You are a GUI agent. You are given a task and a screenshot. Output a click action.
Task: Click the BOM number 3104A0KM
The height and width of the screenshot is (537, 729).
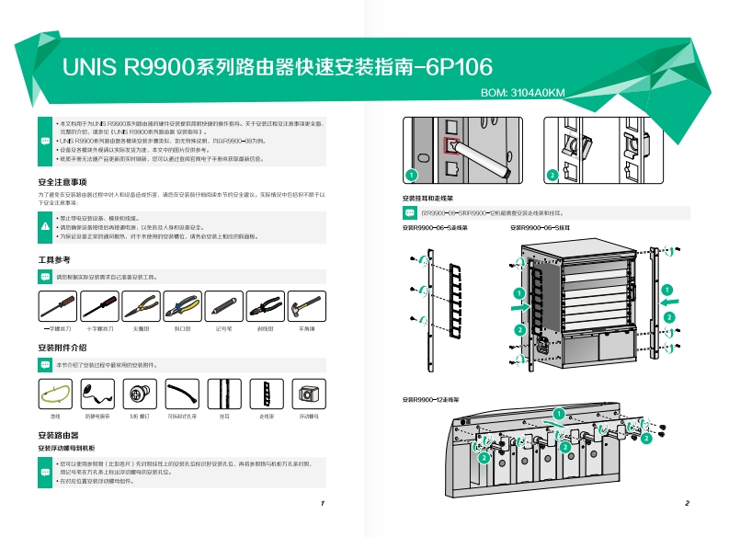[x=523, y=92]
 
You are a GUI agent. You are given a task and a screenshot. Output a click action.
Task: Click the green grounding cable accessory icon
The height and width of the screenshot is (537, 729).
[x=57, y=394]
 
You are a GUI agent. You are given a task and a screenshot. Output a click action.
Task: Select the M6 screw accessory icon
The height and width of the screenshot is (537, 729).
[x=141, y=394]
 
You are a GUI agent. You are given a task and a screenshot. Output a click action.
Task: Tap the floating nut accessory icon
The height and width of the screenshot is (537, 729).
[x=307, y=394]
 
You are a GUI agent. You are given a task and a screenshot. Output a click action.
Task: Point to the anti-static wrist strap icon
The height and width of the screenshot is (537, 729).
[x=98, y=394]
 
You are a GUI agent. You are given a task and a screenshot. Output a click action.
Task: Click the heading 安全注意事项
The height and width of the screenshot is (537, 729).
[x=63, y=181]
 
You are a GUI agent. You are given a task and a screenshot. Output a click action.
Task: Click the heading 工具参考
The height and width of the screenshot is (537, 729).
[x=54, y=260]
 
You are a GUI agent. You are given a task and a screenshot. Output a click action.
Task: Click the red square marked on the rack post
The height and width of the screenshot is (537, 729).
[x=450, y=144]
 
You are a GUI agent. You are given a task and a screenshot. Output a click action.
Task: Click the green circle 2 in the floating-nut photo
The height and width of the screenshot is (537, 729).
[x=552, y=174]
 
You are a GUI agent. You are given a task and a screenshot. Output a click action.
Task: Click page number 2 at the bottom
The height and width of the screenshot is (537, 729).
[x=687, y=504]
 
